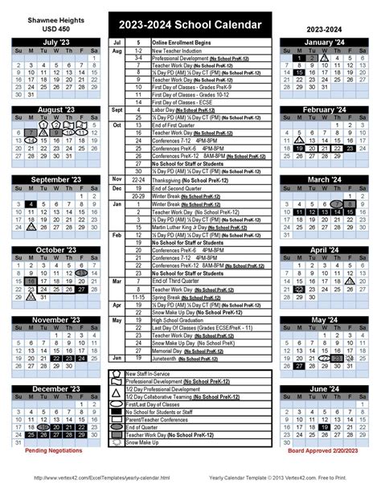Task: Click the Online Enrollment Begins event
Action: (180, 42)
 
